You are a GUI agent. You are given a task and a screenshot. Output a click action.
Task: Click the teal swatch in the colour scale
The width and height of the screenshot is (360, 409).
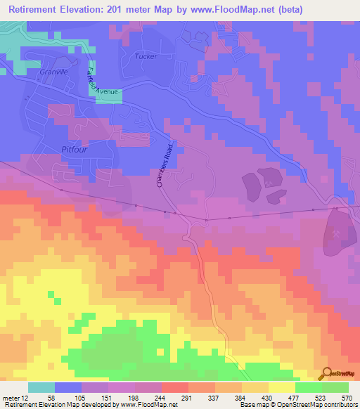[41, 387]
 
